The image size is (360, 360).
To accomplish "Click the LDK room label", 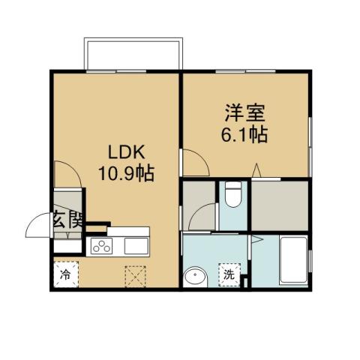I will [125, 150].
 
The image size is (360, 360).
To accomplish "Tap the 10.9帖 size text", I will [125, 174].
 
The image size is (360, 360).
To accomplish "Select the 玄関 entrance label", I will [66, 220].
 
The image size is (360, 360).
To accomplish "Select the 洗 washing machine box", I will [229, 275].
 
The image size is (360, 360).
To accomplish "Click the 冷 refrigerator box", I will [66, 275].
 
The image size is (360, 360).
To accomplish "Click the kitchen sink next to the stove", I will [134, 246].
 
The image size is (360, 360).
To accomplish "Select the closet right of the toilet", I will [279, 205].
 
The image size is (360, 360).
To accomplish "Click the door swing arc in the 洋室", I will [195, 161].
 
